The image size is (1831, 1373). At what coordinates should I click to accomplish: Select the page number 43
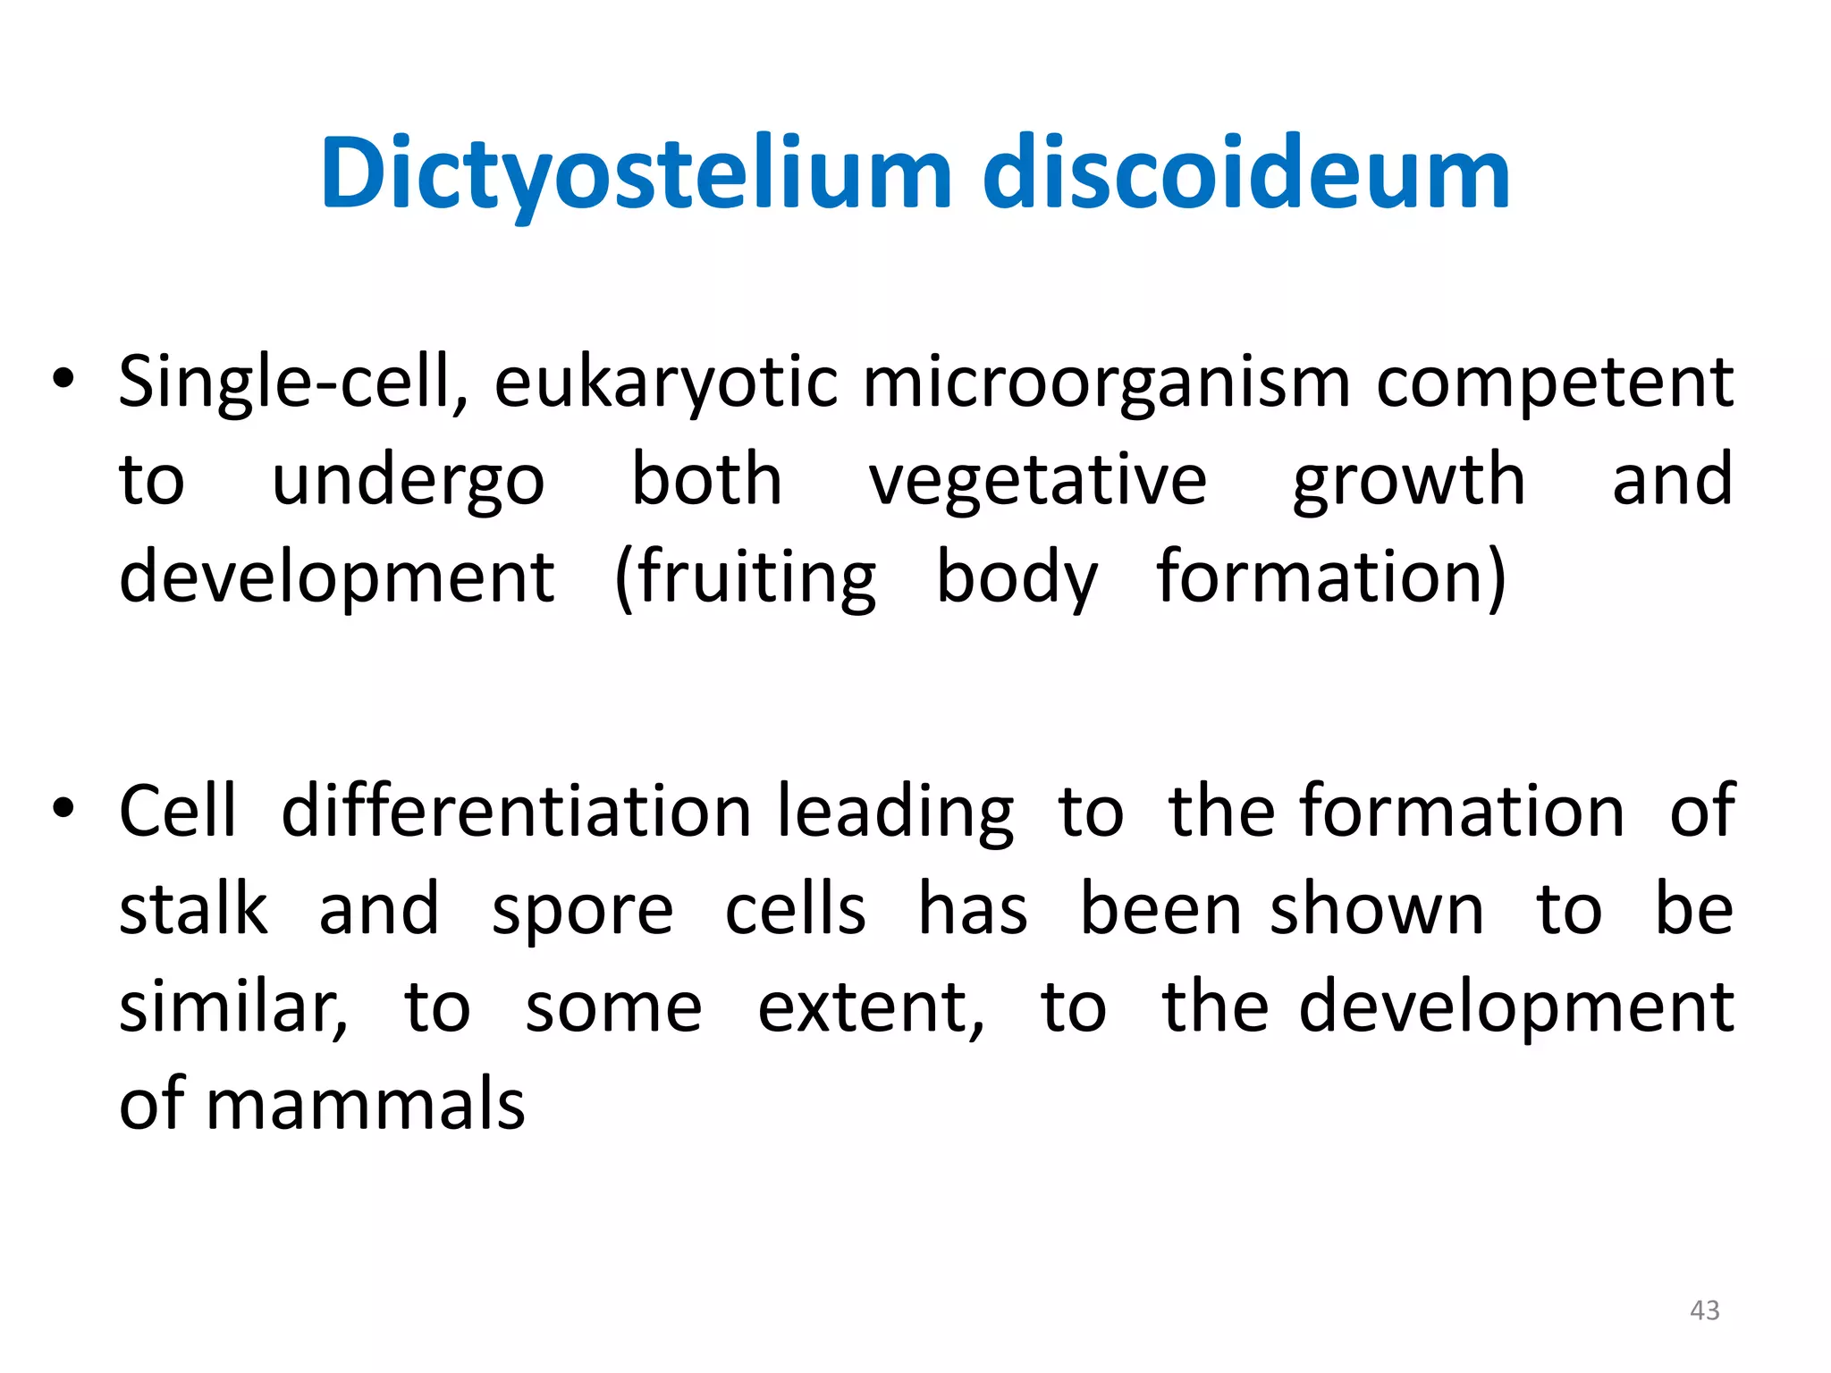pyautogui.click(x=1704, y=1310)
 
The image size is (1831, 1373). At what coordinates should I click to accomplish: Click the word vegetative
pyautogui.click(x=1038, y=481)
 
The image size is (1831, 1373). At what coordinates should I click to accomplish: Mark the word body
pyautogui.click(x=1017, y=579)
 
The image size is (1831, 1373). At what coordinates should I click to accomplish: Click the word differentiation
pyautogui.click(x=516, y=812)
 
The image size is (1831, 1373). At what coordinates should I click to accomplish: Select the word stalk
pyautogui.click(x=193, y=910)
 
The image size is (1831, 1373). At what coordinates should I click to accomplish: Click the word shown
pyautogui.click(x=1377, y=910)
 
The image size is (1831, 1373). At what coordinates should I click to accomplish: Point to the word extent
pyautogui.click(x=870, y=1008)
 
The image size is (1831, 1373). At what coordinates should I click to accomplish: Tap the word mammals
pyautogui.click(x=366, y=1105)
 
